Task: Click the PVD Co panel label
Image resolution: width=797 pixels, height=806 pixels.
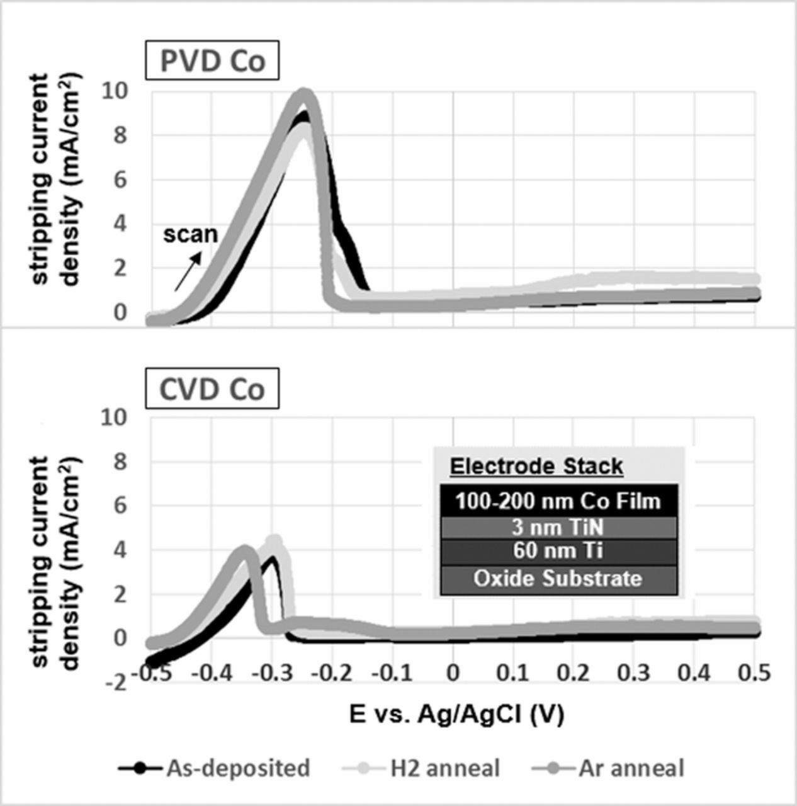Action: [x=212, y=61]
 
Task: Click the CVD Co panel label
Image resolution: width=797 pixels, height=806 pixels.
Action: [x=212, y=389]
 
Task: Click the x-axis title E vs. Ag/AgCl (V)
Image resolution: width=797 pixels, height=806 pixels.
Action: [x=456, y=715]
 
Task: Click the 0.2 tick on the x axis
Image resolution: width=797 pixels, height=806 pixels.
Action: [x=574, y=673]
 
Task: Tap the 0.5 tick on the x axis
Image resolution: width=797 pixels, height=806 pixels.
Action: [x=754, y=673]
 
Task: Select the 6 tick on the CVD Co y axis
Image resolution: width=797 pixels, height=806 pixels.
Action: [x=120, y=506]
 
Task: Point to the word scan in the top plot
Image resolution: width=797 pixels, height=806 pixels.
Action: [x=190, y=234]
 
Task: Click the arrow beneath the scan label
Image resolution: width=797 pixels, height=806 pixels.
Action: [x=189, y=271]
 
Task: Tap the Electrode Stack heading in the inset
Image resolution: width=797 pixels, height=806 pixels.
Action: [x=536, y=467]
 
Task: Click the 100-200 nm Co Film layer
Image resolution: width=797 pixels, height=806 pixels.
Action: [x=558, y=501]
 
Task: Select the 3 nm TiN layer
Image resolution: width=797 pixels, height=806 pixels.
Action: [x=558, y=527]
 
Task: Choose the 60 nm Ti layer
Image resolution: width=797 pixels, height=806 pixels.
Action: [x=558, y=552]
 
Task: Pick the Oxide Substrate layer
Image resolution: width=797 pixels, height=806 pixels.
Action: [x=558, y=579]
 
